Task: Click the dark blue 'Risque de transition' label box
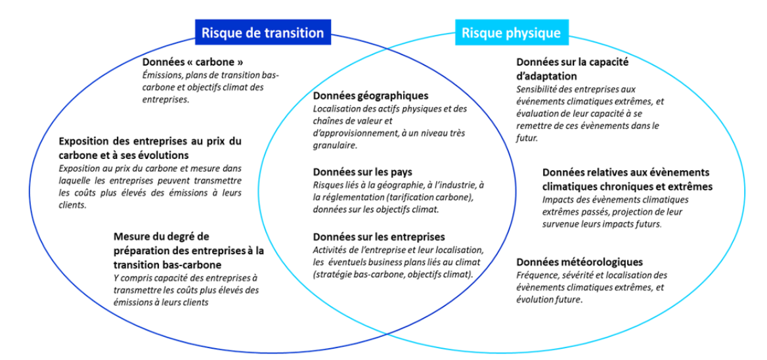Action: point(263,33)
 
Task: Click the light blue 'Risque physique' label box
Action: point(512,33)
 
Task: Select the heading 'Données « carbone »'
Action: point(192,63)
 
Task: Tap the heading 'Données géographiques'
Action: point(371,96)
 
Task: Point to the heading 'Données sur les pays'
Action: point(362,172)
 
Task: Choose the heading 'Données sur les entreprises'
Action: point(379,237)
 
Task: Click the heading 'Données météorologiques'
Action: point(580,261)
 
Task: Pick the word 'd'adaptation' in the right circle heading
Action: point(546,78)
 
